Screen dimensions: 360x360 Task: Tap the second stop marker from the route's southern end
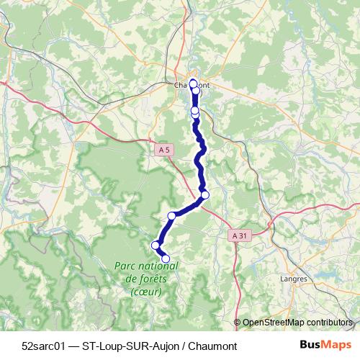point(155,246)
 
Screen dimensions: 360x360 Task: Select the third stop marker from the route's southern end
point(171,216)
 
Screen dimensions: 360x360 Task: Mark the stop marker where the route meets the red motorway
point(205,194)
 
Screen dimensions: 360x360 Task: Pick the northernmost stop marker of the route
point(193,83)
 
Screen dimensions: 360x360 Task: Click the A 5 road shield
point(166,150)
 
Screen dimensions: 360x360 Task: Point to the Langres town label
point(292,276)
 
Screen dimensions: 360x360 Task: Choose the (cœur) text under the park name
point(146,292)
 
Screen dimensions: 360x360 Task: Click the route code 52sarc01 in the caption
point(45,345)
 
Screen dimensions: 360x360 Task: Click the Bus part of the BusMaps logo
point(310,345)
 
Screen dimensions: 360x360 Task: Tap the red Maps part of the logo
point(335,345)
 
